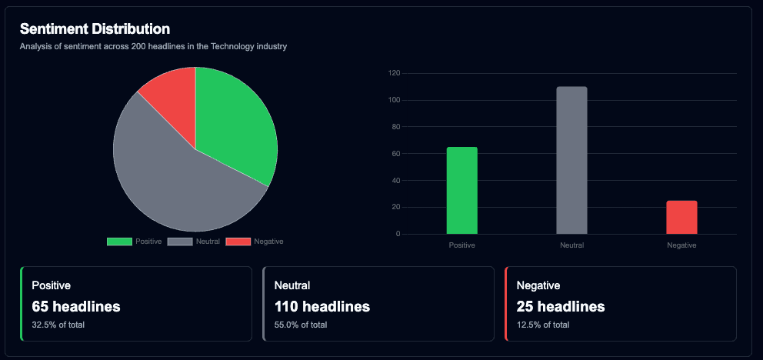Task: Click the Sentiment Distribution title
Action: [x=95, y=29]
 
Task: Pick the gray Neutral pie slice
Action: [x=177, y=181]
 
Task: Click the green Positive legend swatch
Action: [x=119, y=242]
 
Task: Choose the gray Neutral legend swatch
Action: [x=179, y=242]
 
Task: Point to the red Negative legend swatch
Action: [x=238, y=242]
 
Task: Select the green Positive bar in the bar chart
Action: [x=461, y=190]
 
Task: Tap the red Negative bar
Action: [x=681, y=217]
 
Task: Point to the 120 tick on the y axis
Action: [x=394, y=73]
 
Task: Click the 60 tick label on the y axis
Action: [x=395, y=154]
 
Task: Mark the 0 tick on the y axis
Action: [x=398, y=234]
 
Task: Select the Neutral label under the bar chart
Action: [x=571, y=245]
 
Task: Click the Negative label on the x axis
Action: [x=681, y=245]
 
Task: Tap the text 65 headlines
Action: [x=75, y=306]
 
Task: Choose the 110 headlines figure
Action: [x=322, y=306]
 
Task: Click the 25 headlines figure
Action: [x=560, y=306]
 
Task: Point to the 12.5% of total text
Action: [x=542, y=325]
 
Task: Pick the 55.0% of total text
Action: [x=300, y=325]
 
